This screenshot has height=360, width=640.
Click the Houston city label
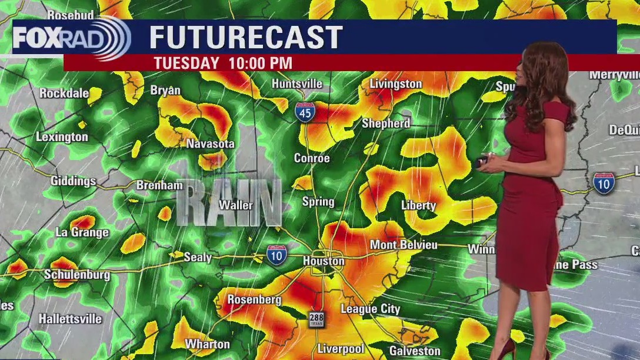click(324, 261)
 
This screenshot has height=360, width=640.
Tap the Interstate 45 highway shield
click(305, 111)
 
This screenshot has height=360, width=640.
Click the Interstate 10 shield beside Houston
click(276, 255)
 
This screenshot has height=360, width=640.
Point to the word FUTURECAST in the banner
click(246, 38)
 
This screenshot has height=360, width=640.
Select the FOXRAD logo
click(71, 38)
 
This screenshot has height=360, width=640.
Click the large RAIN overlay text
click(229, 203)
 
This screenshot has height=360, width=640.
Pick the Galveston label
click(415, 351)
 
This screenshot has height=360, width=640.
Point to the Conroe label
click(312, 158)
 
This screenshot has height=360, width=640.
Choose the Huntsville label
click(297, 84)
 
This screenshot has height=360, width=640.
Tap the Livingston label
click(395, 84)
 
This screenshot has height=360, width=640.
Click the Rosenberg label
click(254, 299)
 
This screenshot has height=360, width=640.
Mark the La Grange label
click(82, 232)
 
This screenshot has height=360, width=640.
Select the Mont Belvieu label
click(404, 245)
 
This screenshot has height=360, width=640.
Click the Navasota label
click(210, 144)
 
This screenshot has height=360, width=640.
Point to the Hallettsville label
click(70, 319)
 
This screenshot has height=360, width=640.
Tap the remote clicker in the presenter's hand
click(482, 160)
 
